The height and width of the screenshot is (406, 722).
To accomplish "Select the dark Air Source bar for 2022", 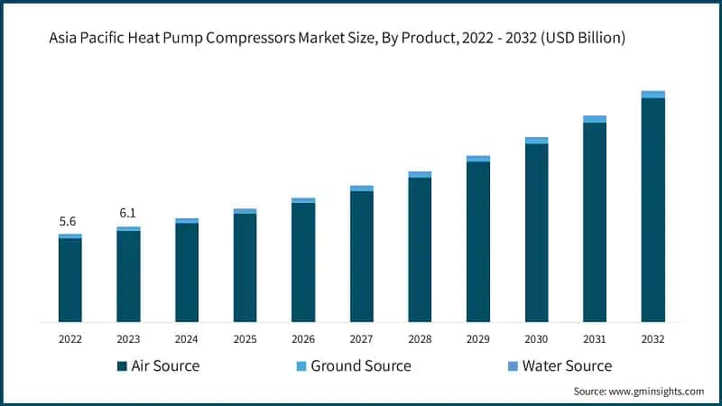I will (70, 280).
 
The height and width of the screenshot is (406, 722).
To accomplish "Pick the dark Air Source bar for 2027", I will (361, 256).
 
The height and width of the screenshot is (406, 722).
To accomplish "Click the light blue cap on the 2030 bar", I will (536, 140).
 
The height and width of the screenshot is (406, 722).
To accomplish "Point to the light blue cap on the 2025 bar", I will (245, 211).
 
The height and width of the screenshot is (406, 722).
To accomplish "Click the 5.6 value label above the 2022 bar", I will (69, 221).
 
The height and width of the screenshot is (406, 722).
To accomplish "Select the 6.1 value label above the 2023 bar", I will (128, 213).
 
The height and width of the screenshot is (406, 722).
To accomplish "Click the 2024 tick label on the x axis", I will (187, 338).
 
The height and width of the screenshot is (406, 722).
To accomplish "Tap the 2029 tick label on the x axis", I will (477, 338).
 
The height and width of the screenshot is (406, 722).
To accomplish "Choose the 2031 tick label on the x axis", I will (594, 338).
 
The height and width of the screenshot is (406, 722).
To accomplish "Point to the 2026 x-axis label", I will (303, 338).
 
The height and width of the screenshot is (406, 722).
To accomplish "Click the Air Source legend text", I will (165, 365).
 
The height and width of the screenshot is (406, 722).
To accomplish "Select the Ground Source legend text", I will (360, 365).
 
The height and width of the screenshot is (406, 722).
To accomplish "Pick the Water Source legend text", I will (567, 365).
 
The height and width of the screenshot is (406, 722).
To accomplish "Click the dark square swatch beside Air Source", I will (122, 366).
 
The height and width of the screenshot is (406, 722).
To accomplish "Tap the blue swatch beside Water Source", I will (514, 366).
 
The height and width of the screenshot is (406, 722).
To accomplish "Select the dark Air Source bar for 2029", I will (477, 242).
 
